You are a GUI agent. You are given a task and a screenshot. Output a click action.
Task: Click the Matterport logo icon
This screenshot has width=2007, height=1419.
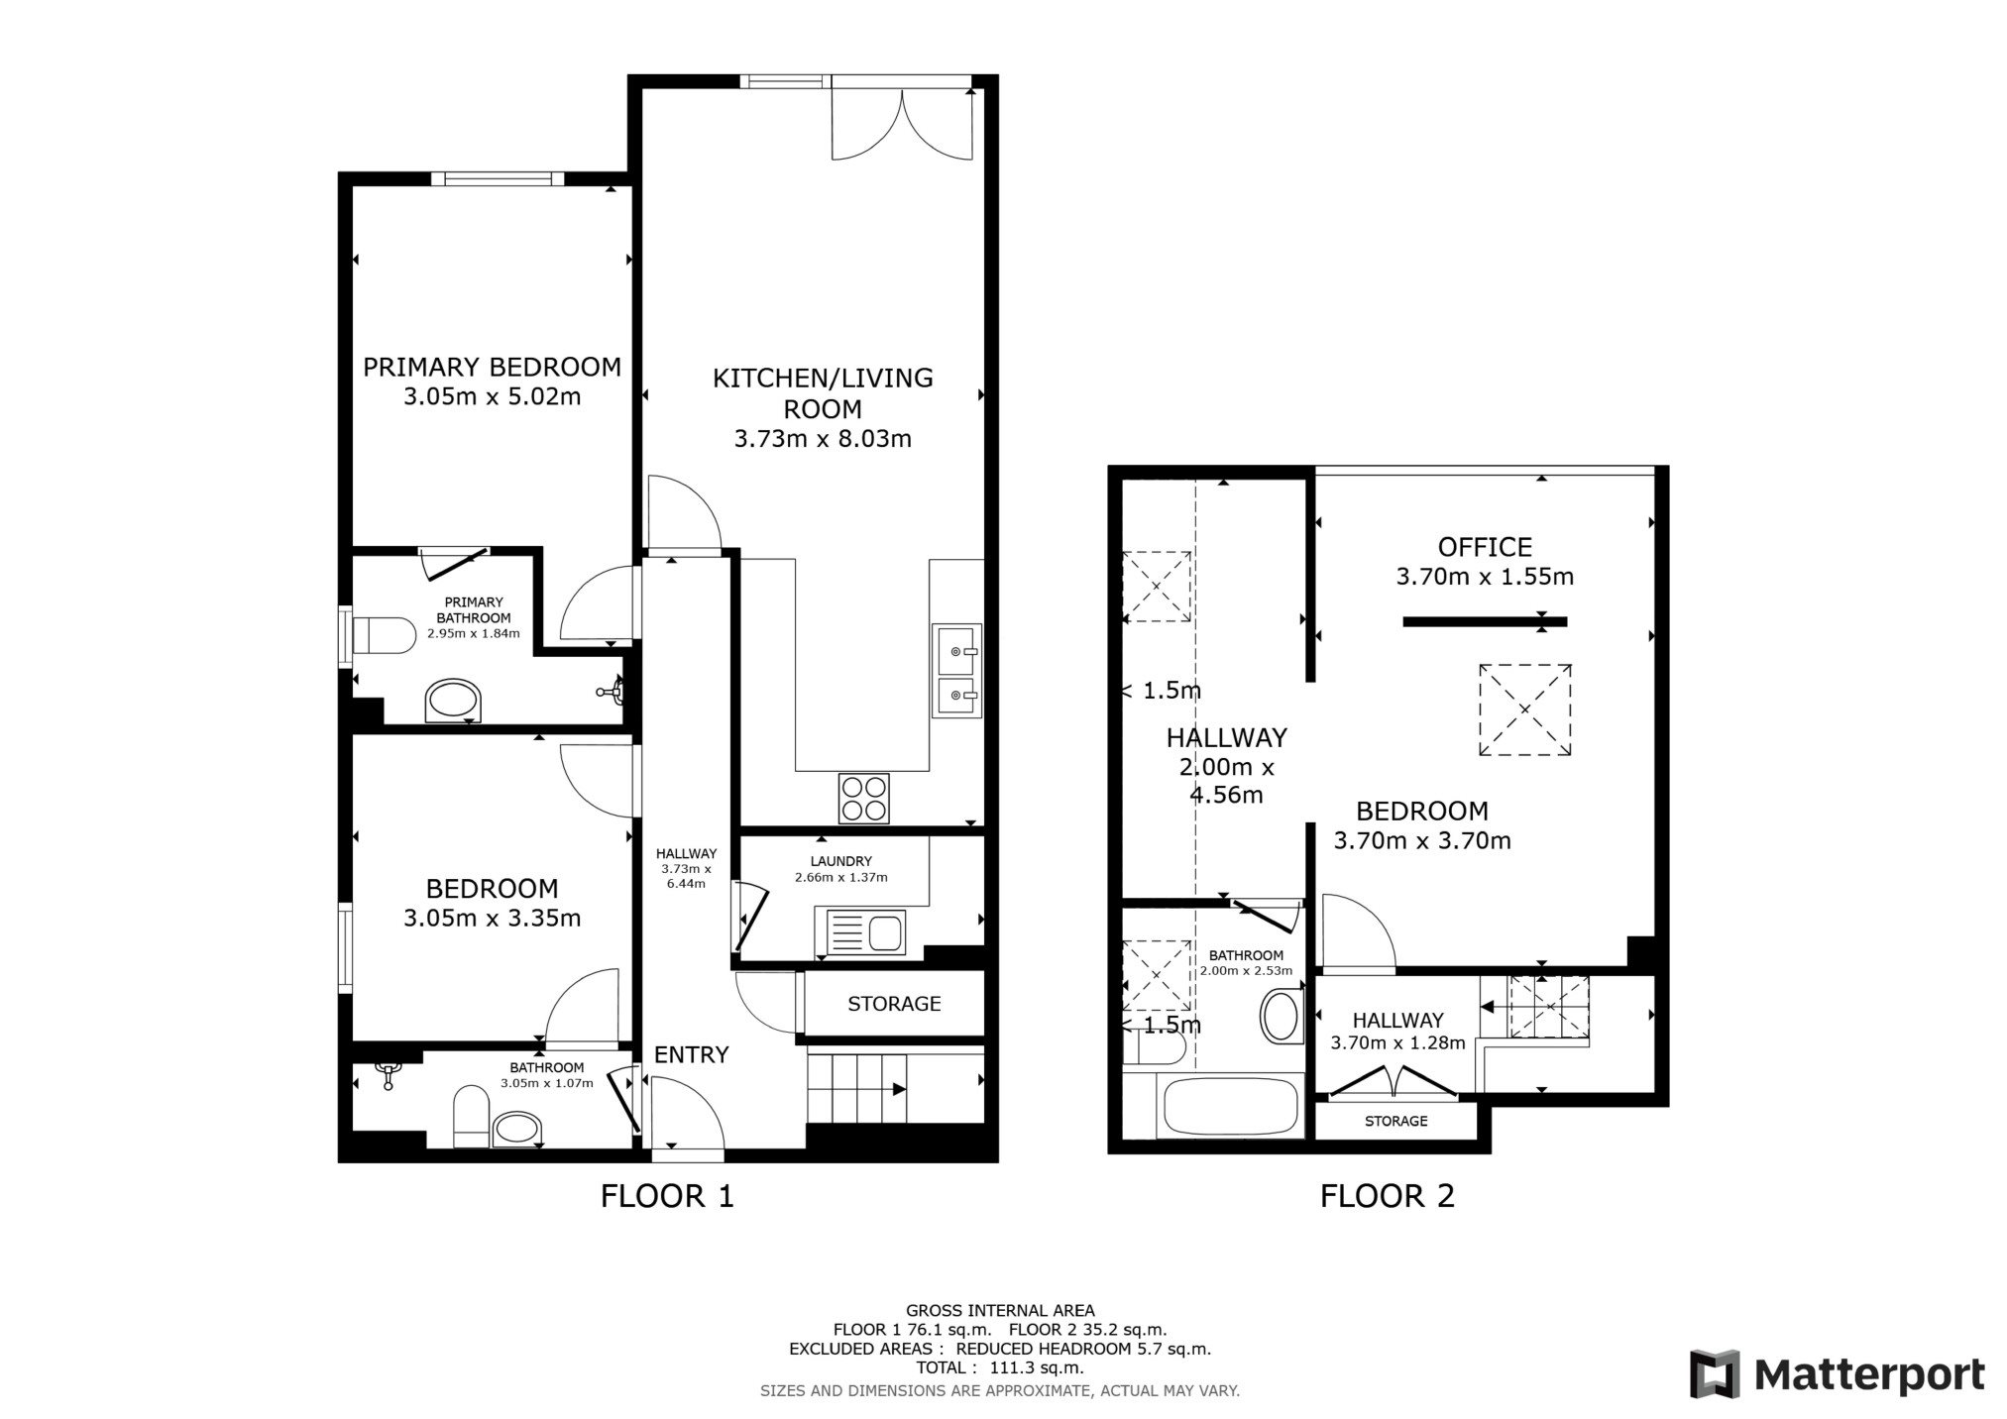[1716, 1374]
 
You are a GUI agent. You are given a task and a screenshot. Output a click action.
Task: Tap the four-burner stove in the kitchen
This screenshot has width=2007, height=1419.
[863, 798]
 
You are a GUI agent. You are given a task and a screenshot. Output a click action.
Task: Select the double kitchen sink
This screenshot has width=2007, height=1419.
[956, 670]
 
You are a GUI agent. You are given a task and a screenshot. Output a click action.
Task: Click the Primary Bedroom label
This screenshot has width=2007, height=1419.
[492, 368]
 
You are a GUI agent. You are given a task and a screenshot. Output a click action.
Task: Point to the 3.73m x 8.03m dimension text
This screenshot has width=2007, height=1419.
[823, 438]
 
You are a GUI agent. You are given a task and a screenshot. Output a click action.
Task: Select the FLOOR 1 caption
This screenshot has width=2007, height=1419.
[667, 1196]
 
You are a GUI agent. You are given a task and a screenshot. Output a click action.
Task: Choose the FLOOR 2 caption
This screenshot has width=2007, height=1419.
[1387, 1196]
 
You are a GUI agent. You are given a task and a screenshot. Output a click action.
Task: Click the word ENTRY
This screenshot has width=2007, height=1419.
[691, 1054]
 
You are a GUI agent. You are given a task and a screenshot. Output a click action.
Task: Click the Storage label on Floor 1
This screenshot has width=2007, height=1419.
[894, 1004]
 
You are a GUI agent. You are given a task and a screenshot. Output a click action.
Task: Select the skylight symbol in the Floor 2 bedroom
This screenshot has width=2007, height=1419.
[1524, 709]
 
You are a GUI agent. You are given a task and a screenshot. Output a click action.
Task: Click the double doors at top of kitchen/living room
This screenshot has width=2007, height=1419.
[903, 123]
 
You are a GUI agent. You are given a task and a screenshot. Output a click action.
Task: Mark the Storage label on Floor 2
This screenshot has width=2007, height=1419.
[1395, 1121]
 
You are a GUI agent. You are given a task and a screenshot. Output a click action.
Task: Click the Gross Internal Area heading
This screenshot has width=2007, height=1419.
[1000, 1310]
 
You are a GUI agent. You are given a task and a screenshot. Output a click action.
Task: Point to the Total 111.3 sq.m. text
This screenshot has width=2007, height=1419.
[1000, 1367]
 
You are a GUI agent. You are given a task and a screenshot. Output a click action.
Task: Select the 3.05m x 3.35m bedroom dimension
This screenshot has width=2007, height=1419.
[492, 918]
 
